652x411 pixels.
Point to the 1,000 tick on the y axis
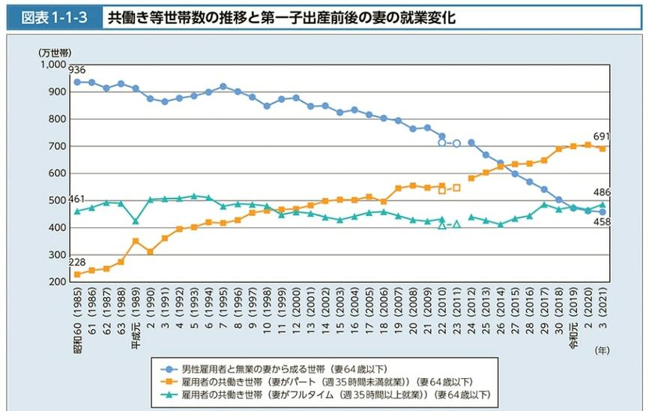point(52,64)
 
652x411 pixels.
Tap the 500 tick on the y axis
point(57,200)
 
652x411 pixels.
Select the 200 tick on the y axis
point(57,282)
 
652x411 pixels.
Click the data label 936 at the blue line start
point(77,70)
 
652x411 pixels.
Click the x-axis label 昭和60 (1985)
point(77,315)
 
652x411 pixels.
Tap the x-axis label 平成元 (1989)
point(136,315)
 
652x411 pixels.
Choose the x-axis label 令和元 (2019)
point(574,315)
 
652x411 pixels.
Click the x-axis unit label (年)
point(602,349)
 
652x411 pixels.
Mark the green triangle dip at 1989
point(136,220)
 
